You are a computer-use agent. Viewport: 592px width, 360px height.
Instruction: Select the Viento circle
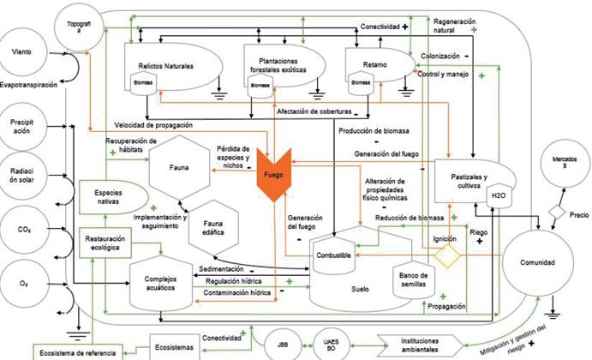coord(23,52)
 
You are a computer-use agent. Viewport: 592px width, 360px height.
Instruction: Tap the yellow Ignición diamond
coord(445,255)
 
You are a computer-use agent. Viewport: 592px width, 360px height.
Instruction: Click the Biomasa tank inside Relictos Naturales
coord(142,82)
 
